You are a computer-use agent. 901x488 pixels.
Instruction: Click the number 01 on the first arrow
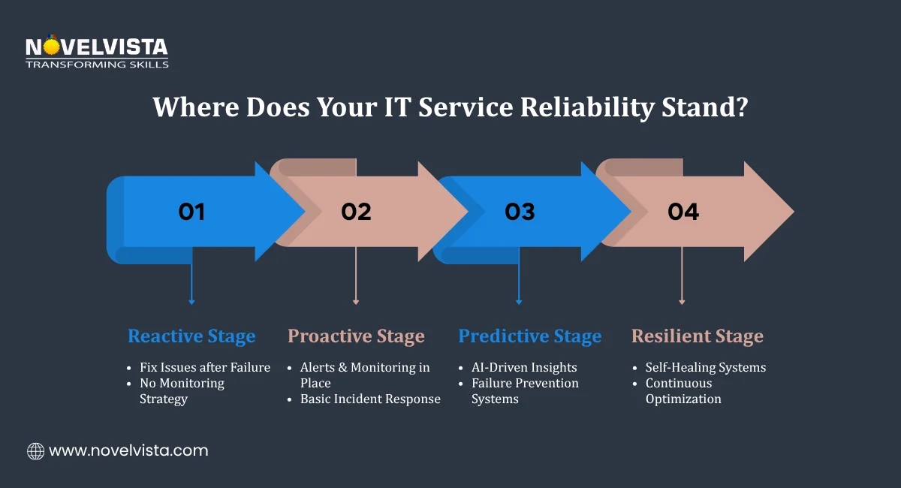tap(191, 212)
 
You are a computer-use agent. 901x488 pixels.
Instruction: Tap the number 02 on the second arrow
tap(356, 212)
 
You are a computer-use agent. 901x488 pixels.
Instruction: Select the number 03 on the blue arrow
tap(520, 212)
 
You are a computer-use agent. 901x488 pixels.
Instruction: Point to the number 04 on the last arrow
tap(683, 212)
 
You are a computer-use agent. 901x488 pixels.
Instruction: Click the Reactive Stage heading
tap(191, 336)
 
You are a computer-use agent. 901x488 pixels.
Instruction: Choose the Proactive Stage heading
tap(356, 336)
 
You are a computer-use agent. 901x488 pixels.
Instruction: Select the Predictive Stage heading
tap(529, 336)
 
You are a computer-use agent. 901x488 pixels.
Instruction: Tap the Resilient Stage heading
tap(697, 336)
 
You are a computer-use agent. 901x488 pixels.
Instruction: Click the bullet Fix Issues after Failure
tap(205, 368)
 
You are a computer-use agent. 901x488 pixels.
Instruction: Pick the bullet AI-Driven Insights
tap(524, 368)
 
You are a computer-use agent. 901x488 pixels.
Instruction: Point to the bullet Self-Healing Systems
tap(705, 368)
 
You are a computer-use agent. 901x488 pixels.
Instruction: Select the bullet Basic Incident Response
tap(370, 399)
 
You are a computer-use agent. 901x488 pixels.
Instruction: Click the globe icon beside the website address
tap(35, 451)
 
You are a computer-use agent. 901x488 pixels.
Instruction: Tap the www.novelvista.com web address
tap(128, 451)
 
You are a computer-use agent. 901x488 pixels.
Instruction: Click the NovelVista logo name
tap(97, 47)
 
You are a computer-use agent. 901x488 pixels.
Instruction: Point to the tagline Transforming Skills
tap(97, 65)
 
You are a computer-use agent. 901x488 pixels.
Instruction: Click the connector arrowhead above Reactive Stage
tap(191, 302)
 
